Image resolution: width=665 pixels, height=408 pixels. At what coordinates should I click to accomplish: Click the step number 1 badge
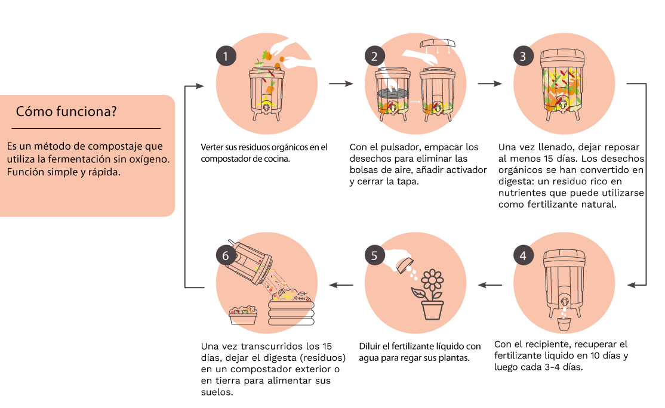pyautogui.click(x=226, y=56)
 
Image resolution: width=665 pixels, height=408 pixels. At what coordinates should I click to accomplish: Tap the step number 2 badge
pyautogui.click(x=374, y=56)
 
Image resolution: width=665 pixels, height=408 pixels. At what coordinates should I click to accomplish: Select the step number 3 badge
pyautogui.click(x=523, y=56)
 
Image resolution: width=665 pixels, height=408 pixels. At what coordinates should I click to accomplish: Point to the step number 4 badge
pyautogui.click(x=523, y=255)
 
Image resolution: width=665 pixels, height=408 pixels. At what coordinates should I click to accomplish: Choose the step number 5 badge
pyautogui.click(x=374, y=255)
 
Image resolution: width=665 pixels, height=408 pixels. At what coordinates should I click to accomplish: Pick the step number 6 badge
pyautogui.click(x=226, y=255)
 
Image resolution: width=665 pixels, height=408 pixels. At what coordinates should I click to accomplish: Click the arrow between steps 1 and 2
pyautogui.click(x=341, y=84)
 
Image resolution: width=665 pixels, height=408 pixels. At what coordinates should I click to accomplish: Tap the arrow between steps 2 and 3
pyautogui.click(x=490, y=84)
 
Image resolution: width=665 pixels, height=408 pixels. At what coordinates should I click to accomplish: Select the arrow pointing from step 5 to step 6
pyautogui.click(x=341, y=285)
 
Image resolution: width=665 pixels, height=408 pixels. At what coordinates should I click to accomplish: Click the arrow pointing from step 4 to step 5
pyautogui.click(x=490, y=285)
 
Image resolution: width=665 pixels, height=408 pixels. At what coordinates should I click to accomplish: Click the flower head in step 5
pyautogui.click(x=432, y=280)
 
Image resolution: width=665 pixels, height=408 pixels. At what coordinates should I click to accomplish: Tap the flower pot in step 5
pyautogui.click(x=432, y=310)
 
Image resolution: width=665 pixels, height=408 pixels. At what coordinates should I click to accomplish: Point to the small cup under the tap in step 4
pyautogui.click(x=564, y=324)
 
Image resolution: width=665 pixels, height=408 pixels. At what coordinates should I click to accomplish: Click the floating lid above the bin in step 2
pyautogui.click(x=438, y=43)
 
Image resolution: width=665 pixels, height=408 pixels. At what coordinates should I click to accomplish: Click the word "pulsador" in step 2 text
pyautogui.click(x=404, y=147)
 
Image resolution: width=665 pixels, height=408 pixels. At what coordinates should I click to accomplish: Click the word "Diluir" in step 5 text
pyautogui.click(x=369, y=346)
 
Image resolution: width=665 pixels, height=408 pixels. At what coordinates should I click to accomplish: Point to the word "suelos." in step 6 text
pyautogui.click(x=217, y=392)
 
